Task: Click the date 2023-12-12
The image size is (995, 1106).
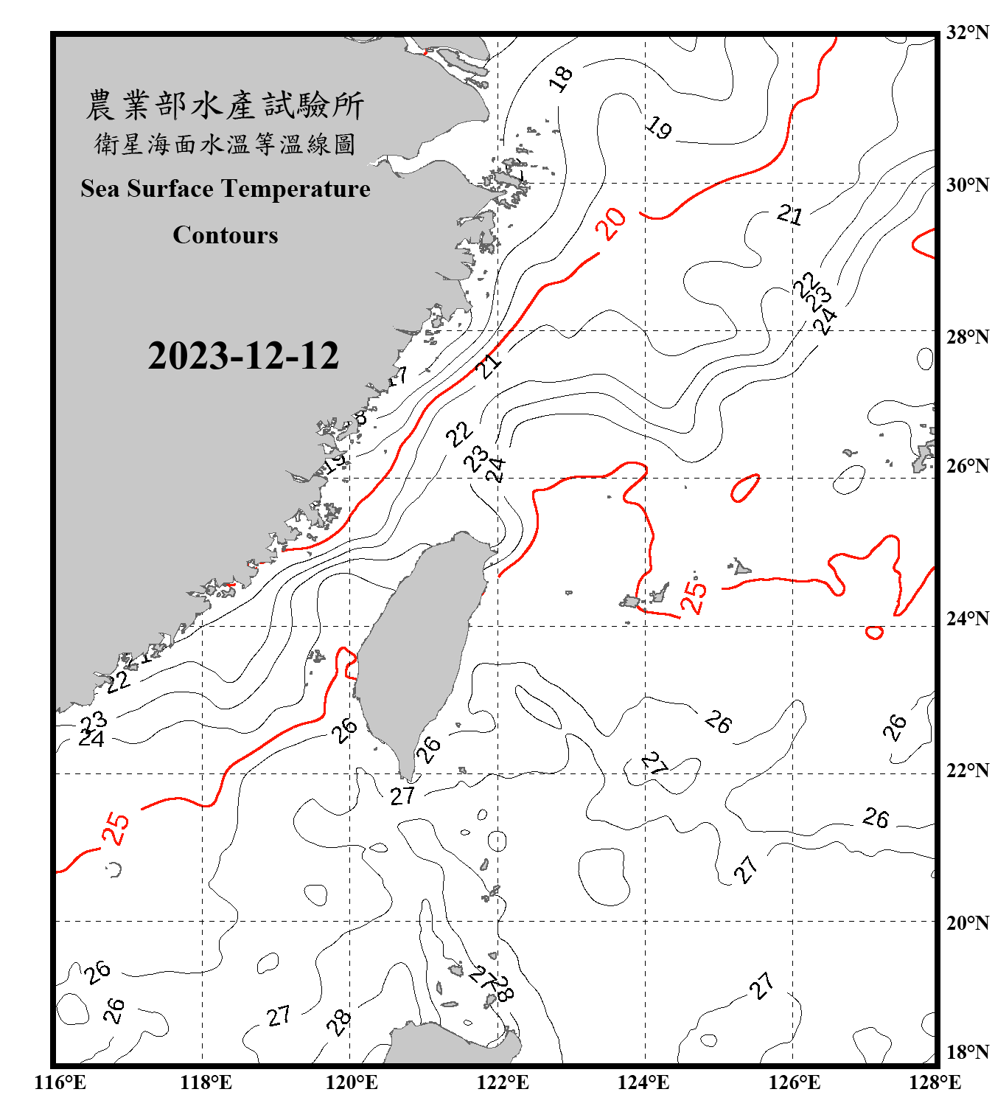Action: [243, 356]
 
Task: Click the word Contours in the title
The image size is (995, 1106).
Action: [226, 235]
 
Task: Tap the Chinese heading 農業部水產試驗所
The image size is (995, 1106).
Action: [225, 105]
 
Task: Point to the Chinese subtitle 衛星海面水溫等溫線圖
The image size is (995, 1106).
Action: [225, 144]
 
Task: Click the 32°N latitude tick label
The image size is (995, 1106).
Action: [967, 32]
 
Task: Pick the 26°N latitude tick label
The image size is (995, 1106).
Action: [967, 466]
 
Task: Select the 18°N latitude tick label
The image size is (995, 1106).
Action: [967, 1052]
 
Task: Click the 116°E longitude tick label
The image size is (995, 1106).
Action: [60, 1082]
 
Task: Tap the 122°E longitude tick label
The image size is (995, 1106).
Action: [503, 1082]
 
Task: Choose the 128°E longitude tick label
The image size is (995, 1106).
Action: [935, 1082]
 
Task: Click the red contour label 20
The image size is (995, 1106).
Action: [611, 223]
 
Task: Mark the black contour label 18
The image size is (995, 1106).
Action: [561, 78]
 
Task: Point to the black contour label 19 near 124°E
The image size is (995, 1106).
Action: [658, 128]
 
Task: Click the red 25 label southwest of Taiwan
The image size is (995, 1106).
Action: [116, 828]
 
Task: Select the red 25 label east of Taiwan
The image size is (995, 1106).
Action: [694, 597]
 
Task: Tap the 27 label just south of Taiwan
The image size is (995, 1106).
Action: [402, 796]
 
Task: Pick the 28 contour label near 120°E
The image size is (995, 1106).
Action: [339, 1023]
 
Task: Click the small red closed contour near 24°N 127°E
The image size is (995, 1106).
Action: [874, 633]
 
